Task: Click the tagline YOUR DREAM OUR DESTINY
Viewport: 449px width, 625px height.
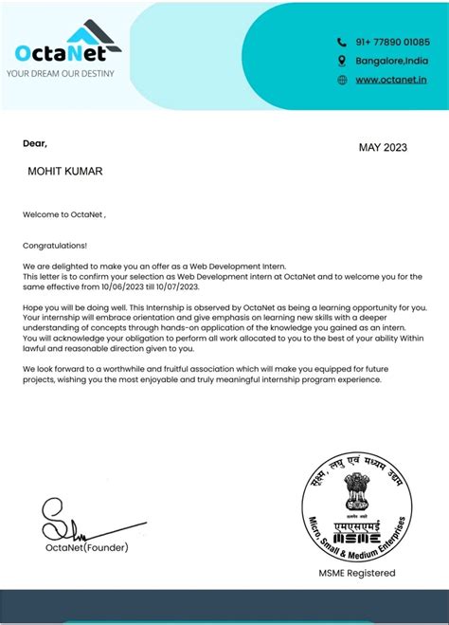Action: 61,72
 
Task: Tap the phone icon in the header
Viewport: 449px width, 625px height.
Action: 342,42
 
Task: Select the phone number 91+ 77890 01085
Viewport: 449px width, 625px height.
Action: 391,42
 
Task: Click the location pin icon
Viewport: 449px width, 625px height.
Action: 342,61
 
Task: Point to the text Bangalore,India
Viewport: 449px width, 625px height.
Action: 391,61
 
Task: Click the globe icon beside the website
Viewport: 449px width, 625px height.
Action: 342,80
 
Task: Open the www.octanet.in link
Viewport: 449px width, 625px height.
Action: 391,80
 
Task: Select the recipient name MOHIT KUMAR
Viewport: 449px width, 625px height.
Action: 65,171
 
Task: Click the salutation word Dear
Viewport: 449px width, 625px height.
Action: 34,143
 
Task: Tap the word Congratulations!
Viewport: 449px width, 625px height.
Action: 55,244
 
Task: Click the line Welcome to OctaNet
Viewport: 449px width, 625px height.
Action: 63,214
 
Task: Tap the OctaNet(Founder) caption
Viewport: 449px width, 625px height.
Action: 86,547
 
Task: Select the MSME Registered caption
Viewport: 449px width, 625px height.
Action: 356,573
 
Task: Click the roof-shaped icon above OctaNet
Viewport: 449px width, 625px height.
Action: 95,34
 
